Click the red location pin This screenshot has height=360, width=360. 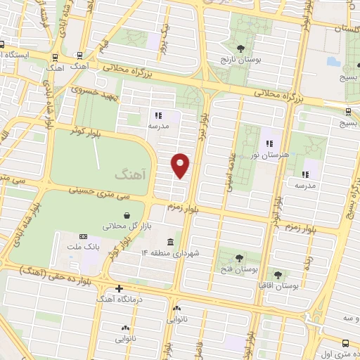181,165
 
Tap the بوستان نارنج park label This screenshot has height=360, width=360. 240,60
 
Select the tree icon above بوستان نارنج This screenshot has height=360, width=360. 240,49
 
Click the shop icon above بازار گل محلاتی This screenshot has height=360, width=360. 125,215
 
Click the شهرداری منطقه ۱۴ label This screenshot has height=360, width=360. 170,252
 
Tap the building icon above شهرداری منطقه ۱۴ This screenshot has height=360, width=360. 169,241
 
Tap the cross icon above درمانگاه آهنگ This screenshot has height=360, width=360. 120,288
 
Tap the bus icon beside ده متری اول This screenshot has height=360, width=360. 344,343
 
